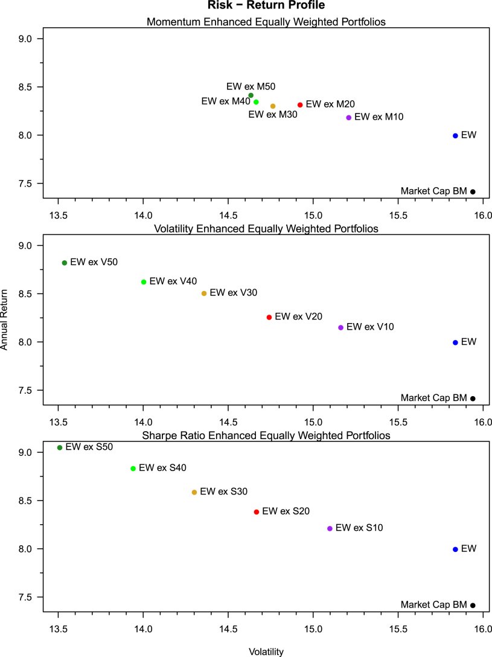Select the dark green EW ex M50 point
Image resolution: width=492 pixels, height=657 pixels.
tap(251, 95)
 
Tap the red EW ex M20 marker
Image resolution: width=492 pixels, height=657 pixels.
tap(300, 105)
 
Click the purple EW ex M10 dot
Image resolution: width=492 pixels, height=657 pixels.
tap(349, 117)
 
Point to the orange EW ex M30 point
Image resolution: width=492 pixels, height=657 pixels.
tap(273, 106)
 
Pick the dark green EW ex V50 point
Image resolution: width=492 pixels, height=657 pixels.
tap(65, 263)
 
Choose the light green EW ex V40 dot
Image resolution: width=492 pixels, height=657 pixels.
tap(144, 282)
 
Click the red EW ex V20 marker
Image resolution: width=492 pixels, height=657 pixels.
tap(269, 317)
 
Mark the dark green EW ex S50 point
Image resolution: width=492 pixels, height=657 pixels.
tap(60, 447)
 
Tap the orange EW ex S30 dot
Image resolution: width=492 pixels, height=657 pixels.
tap(194, 492)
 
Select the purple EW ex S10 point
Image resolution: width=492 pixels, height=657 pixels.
tap(330, 528)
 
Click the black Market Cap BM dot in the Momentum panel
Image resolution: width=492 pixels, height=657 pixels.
tap(473, 192)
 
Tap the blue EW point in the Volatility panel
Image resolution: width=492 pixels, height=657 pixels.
tap(455, 342)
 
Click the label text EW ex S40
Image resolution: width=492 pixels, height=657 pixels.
tap(162, 468)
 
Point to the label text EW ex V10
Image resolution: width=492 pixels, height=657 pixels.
tap(370, 327)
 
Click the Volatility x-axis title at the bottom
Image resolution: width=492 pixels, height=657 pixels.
tap(266, 652)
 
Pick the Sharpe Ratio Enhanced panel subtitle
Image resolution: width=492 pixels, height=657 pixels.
tap(266, 435)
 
